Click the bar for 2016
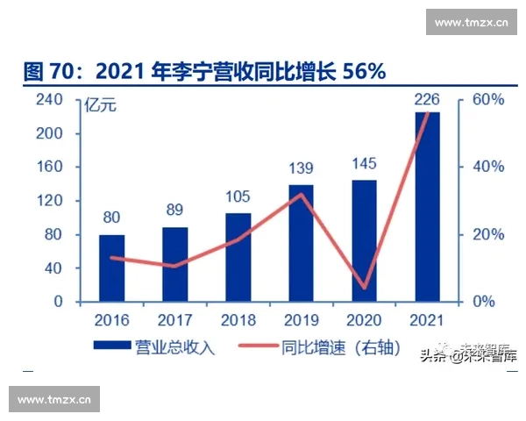point(111,268)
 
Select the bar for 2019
point(301,243)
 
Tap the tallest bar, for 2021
point(427,207)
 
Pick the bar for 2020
point(364,241)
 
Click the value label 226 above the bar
point(427,97)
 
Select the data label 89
point(174,211)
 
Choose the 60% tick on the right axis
point(488,100)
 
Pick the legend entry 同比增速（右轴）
point(329,349)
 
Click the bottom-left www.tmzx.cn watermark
point(54,399)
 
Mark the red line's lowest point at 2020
point(364,288)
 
